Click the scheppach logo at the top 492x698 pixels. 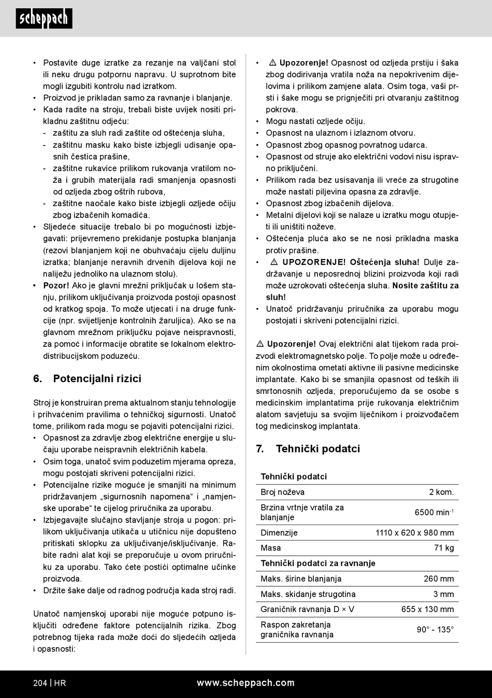tap(44, 19)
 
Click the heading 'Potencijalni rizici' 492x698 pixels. tap(97, 379)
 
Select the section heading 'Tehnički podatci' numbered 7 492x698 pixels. tap(317, 448)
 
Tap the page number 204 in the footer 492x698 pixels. tap(40, 683)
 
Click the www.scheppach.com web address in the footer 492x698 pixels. tap(245, 683)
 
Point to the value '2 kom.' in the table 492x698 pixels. tap(441, 492)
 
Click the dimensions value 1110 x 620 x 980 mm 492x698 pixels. tap(414, 532)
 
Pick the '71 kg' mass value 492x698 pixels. tap(444, 548)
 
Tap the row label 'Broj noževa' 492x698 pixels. tap(282, 492)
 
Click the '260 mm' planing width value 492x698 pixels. tap(439, 578)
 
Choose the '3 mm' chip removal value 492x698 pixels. tap(443, 594)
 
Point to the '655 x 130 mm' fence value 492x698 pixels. tap(427, 609)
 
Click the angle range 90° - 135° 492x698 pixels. tap(435, 630)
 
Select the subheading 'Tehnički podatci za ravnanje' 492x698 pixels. tap(317, 563)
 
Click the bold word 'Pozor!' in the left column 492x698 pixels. tap(56, 285)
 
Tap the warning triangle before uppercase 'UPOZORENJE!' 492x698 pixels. tap(274, 262)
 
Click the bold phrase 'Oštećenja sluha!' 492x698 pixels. tap(384, 262)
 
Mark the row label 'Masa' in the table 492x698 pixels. tap(271, 548)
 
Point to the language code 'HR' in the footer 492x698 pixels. tap(60, 683)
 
